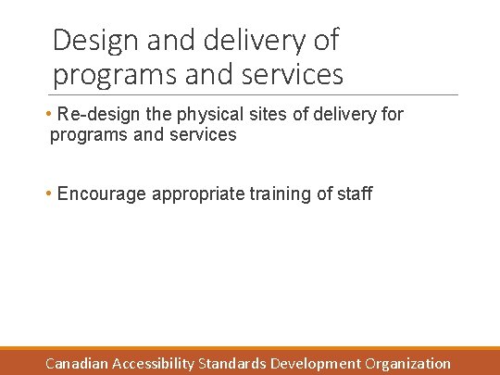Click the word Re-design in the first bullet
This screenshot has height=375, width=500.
point(95,115)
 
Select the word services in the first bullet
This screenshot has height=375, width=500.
point(204,135)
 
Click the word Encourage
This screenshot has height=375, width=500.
point(102,194)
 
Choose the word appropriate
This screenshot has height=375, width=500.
point(198,194)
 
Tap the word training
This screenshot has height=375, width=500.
point(283,194)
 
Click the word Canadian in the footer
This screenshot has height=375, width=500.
point(78,364)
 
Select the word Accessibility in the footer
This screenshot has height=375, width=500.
point(154,364)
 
